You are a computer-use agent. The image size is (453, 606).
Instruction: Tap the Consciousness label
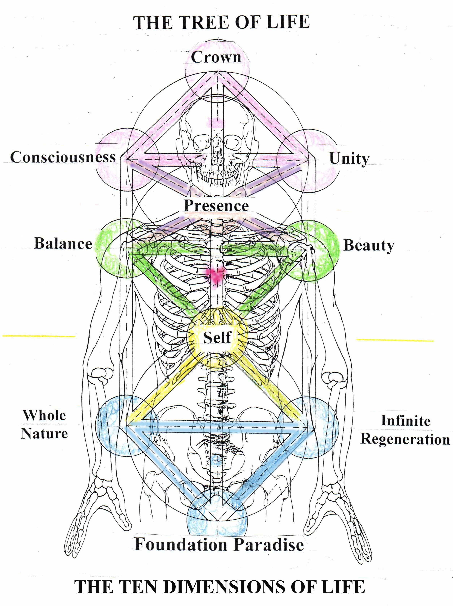pos(63,157)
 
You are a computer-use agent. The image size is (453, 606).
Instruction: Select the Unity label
pos(349,158)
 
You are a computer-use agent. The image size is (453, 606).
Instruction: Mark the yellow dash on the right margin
pos(395,340)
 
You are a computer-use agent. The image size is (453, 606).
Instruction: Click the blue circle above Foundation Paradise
pos(217,515)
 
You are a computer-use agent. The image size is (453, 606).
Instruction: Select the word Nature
pos(44,433)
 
